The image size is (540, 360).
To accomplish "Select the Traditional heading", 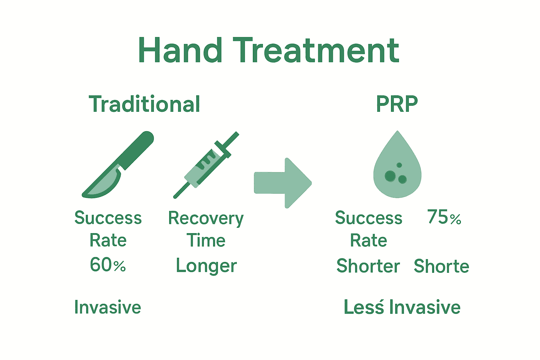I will coord(144,104).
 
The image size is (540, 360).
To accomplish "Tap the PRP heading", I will coord(397,104).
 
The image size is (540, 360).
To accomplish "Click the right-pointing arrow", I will coord(283,183).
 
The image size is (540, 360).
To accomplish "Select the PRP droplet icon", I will coord(397,165).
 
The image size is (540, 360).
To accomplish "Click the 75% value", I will coord(444,217).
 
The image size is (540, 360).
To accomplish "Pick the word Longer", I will coord(206,266).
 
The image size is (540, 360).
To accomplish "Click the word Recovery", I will coord(206,219).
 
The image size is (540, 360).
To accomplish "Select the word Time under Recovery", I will coord(206,241).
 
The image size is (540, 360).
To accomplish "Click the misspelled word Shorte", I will coord(441,266).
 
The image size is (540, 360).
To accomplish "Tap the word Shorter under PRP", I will coord(368,266).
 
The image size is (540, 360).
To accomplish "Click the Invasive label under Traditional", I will coord(108,307).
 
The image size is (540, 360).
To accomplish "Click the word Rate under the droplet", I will coord(368,241).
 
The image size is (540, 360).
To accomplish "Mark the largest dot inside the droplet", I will coord(390,176).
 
